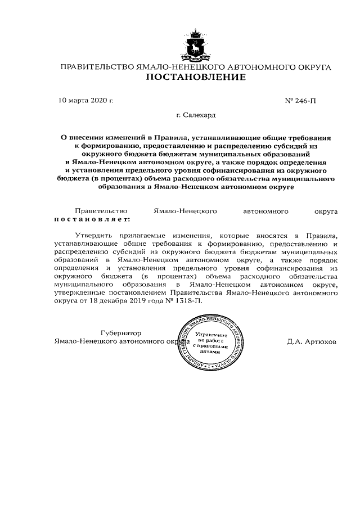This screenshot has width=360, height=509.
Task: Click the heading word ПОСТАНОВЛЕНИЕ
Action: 196,78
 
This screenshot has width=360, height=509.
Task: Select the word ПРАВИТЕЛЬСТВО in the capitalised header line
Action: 97,67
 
